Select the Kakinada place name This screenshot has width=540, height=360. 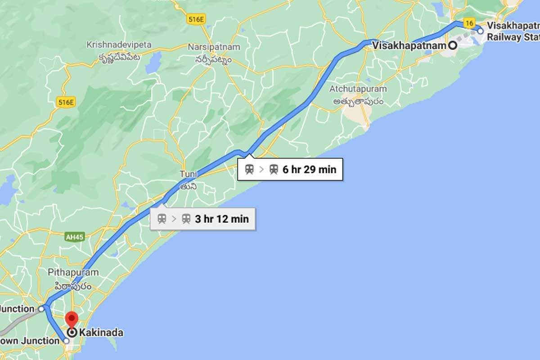[x=101, y=333]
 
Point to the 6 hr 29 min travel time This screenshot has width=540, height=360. [x=309, y=170]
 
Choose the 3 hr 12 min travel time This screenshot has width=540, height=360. [x=221, y=219]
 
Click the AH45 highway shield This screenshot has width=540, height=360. [x=74, y=237]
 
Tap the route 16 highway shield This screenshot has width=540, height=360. [x=469, y=23]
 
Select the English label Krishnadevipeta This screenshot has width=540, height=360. [x=119, y=45]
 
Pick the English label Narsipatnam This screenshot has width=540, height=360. [x=214, y=47]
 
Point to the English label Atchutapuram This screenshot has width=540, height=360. [x=358, y=89]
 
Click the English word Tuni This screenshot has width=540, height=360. [x=188, y=174]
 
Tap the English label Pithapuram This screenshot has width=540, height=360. [x=73, y=272]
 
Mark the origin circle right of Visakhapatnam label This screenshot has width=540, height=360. [x=452, y=45]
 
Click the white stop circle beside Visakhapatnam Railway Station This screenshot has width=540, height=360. [x=480, y=31]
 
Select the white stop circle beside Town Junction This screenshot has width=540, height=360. [x=67, y=341]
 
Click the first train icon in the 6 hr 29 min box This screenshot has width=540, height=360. [x=249, y=170]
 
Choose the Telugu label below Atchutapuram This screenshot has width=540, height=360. [x=358, y=101]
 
